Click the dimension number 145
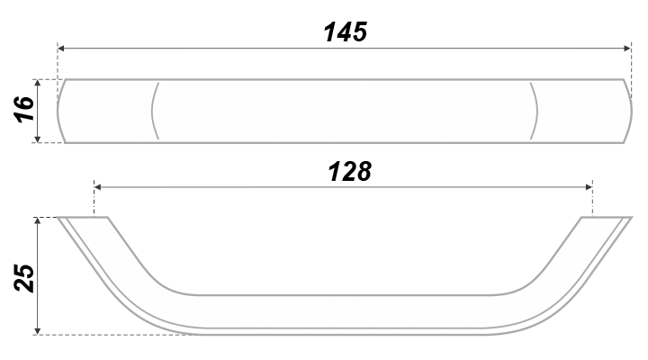point(346,31)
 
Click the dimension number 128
point(349,172)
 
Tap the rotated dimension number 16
point(24,109)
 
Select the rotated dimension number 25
point(24,278)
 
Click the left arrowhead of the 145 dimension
point(61,49)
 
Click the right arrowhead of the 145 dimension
point(627,49)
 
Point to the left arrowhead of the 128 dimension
point(97,187)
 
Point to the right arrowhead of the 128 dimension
point(589,187)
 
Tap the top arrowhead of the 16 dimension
point(38,83)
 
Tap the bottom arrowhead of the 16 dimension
point(38,139)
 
